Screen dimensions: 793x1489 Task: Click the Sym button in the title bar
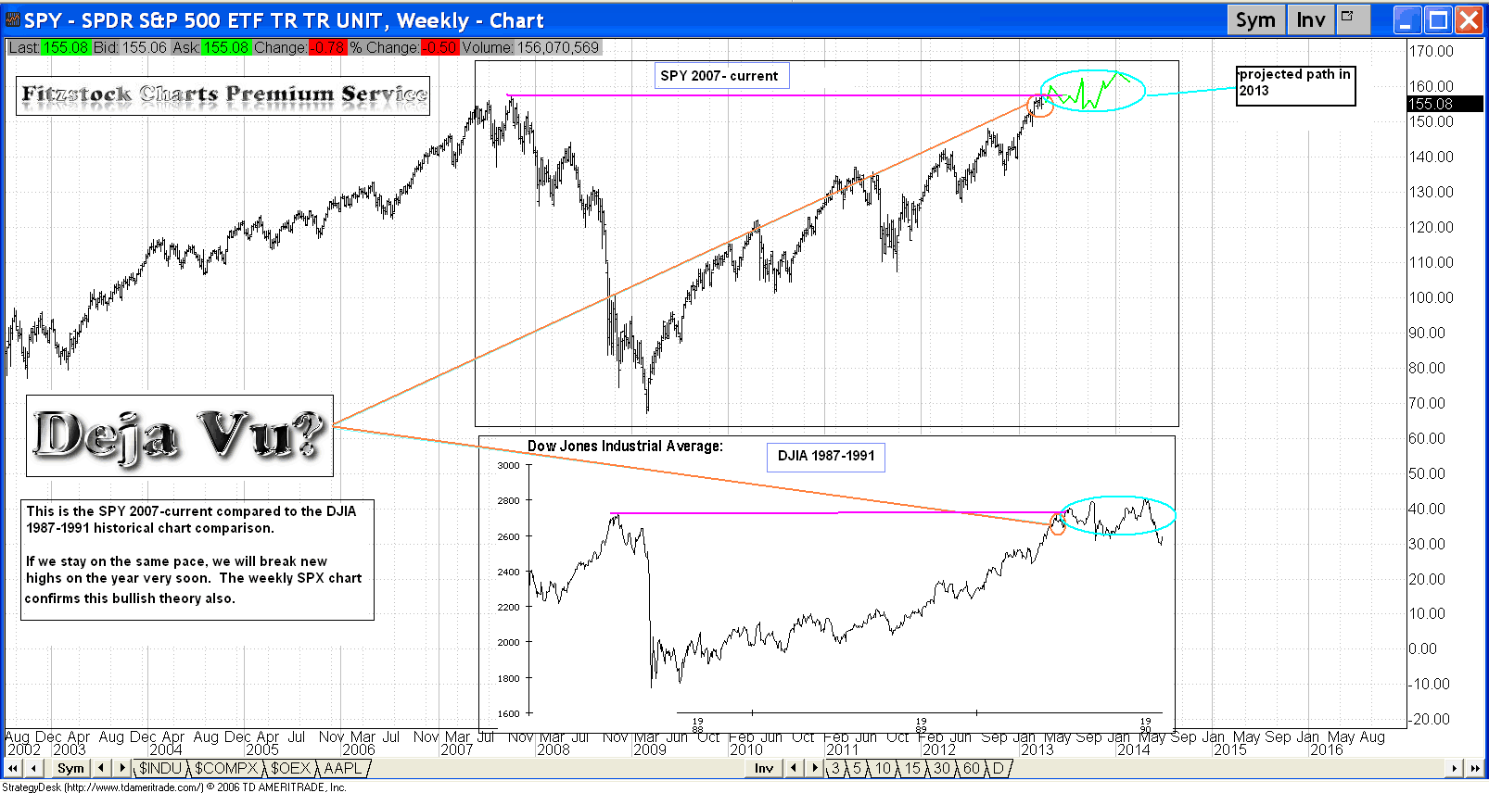point(1255,20)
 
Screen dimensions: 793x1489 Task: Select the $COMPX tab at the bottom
point(226,768)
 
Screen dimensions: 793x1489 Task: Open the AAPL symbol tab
point(342,768)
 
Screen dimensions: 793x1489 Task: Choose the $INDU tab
point(160,768)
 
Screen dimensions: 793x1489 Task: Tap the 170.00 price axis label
point(1431,52)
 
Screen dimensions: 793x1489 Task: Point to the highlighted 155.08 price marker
point(1431,104)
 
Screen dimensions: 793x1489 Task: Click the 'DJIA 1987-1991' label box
point(826,456)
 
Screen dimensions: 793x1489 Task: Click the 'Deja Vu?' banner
point(179,435)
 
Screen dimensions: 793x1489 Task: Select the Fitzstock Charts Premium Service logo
point(223,94)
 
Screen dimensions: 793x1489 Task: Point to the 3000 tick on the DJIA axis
point(508,465)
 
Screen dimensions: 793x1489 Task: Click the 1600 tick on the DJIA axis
point(508,713)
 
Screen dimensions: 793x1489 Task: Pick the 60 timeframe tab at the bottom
point(972,768)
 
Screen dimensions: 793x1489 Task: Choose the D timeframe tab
point(998,768)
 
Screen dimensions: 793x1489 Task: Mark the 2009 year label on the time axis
point(650,749)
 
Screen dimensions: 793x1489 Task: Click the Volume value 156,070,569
point(558,47)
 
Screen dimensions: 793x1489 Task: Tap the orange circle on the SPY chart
point(1040,105)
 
